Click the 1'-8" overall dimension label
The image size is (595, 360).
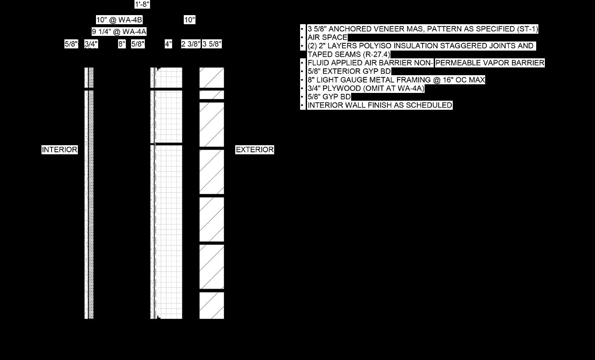(142, 5)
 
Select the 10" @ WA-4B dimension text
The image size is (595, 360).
(119, 20)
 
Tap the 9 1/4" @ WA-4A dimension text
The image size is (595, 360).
(119, 32)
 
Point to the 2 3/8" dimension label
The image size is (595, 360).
(191, 44)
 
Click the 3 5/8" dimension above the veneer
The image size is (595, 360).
(212, 44)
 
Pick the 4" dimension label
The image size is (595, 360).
(168, 44)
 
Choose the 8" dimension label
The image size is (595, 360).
(122, 44)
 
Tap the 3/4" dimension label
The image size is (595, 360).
(91, 44)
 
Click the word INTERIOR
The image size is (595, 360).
(60, 150)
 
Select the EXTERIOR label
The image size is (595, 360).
(255, 150)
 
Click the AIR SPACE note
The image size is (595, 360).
(327, 38)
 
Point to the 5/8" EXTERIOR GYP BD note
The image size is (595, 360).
(349, 71)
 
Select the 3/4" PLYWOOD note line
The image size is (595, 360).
(366, 89)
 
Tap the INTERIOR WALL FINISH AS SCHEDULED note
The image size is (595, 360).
(380, 105)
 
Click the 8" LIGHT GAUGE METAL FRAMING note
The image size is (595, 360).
(396, 80)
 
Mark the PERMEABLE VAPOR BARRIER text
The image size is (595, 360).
(489, 63)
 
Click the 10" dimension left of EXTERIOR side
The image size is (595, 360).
(189, 20)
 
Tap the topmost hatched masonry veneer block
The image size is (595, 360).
(211, 77)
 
